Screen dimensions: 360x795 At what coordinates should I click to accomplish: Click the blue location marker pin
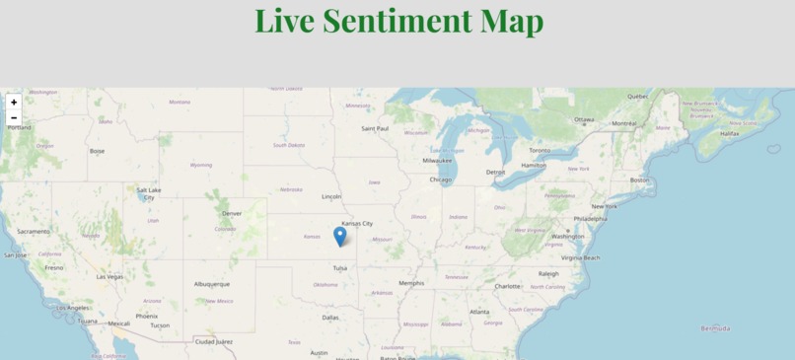339,236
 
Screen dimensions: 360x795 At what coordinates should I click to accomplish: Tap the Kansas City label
357,223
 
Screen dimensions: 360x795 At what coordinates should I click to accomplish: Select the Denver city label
232,213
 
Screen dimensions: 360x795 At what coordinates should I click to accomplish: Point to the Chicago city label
440,180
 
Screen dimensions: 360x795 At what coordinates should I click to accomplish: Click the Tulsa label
339,267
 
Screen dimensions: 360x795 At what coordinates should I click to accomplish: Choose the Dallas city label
329,317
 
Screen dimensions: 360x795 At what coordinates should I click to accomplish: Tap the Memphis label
410,282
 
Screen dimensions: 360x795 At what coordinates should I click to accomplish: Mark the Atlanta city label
478,312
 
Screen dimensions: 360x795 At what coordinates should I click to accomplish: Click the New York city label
604,206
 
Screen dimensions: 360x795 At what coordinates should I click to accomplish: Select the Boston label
640,180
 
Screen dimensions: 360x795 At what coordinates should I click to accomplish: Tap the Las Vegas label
109,276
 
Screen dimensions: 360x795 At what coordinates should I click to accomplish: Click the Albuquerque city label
212,283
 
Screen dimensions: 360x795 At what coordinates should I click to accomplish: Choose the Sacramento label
33,231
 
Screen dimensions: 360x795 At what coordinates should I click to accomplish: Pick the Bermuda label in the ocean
715,327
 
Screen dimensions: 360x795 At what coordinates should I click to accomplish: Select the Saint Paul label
375,128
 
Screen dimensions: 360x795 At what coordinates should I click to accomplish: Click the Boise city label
97,151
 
